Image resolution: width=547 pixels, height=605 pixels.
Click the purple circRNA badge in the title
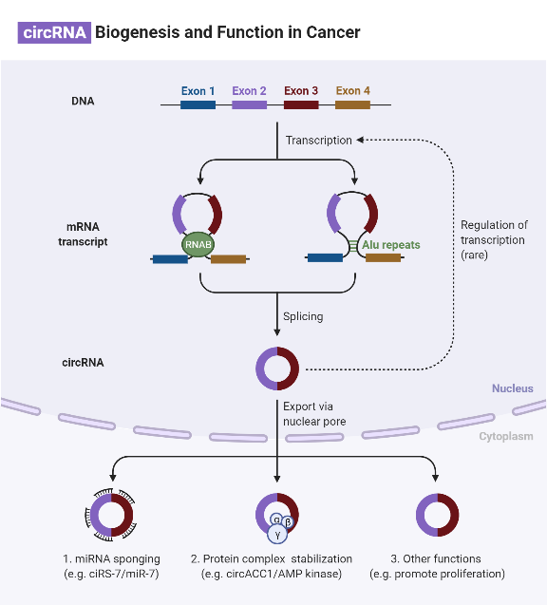coord(54,32)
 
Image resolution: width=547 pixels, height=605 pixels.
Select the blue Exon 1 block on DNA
coord(198,104)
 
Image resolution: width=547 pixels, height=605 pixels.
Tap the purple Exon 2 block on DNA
coord(249,104)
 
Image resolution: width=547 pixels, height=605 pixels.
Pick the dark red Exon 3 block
coord(301,104)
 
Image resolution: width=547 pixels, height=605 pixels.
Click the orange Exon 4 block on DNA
coord(352,104)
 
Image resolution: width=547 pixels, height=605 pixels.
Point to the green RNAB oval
coord(198,244)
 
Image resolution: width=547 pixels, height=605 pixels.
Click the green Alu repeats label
coord(390,244)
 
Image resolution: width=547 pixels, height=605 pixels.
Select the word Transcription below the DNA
coord(318,141)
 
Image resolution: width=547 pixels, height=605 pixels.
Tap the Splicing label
coord(303,316)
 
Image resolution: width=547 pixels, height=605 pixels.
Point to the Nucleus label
coord(512,388)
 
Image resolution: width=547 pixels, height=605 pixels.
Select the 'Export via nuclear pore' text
coord(314,413)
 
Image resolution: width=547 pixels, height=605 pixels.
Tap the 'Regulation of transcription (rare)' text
coord(494,240)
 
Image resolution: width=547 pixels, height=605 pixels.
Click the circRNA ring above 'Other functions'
coord(437,517)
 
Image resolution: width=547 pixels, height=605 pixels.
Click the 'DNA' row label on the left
coord(83,101)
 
